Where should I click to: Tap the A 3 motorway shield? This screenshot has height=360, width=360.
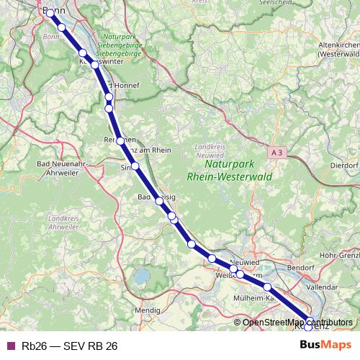pyautogui.click(x=278, y=152)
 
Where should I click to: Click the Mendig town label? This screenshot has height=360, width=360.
pyautogui.click(x=148, y=310)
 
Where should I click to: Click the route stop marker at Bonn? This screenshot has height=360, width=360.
pyautogui.click(x=51, y=13)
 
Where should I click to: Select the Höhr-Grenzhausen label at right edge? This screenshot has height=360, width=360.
pyautogui.click(x=341, y=255)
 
